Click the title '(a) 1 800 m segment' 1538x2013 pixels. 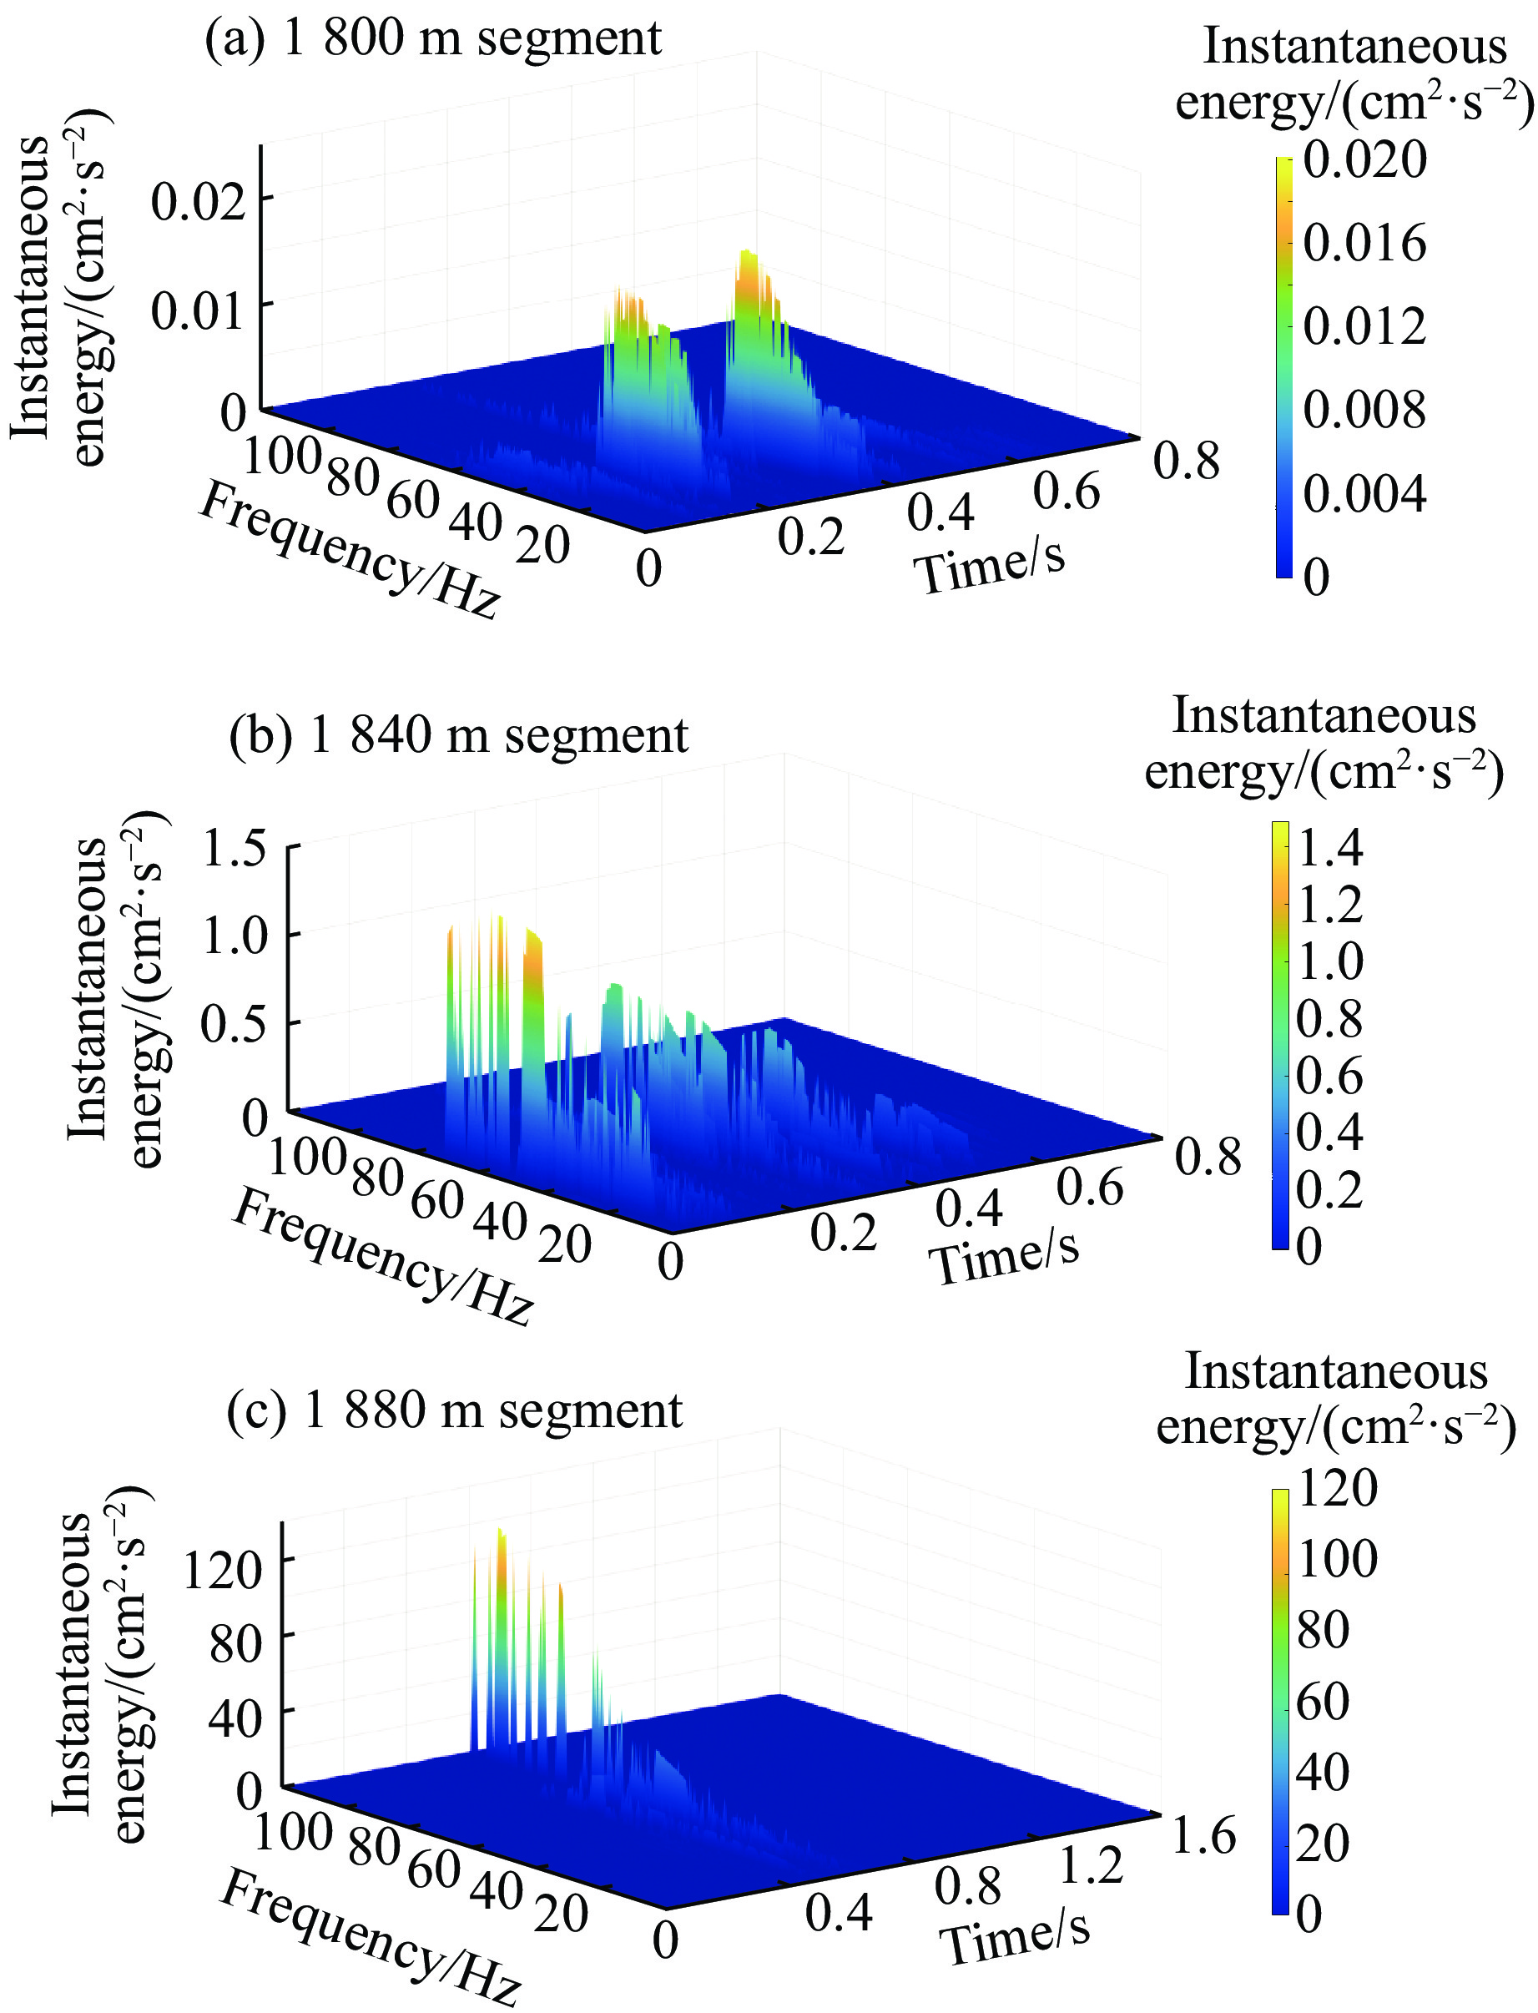(x=432, y=38)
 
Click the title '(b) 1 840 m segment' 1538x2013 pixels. (x=458, y=737)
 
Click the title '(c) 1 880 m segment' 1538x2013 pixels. (x=454, y=1410)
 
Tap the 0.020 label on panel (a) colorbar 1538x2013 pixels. (x=1364, y=160)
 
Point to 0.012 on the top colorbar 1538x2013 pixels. (x=1364, y=325)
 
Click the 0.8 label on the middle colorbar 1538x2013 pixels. (x=1329, y=1018)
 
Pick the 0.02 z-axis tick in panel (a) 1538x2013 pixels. (x=199, y=200)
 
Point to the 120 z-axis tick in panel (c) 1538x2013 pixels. (x=223, y=1570)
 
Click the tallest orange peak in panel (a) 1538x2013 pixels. (x=749, y=265)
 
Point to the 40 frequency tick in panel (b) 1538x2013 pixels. (x=500, y=1220)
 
